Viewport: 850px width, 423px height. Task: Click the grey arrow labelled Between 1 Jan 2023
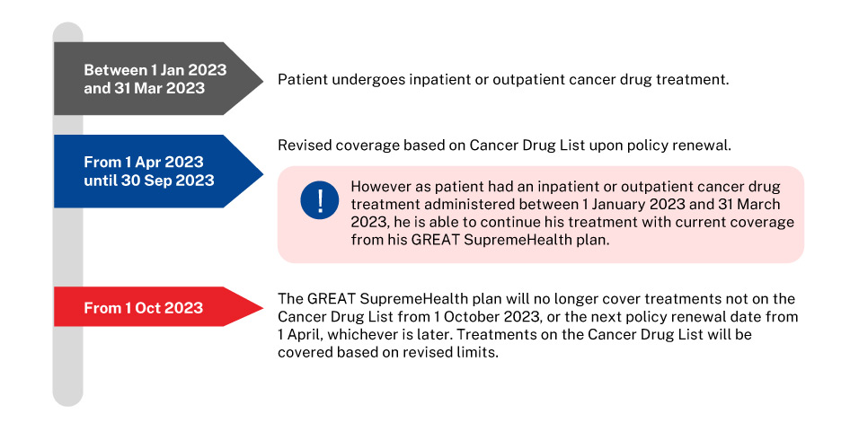157,78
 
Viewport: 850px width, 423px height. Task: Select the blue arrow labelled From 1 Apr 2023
157,172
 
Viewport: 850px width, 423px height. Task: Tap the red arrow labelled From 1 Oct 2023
157,307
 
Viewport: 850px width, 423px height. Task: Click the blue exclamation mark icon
320,200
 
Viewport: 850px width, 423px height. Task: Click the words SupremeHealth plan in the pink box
535,240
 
